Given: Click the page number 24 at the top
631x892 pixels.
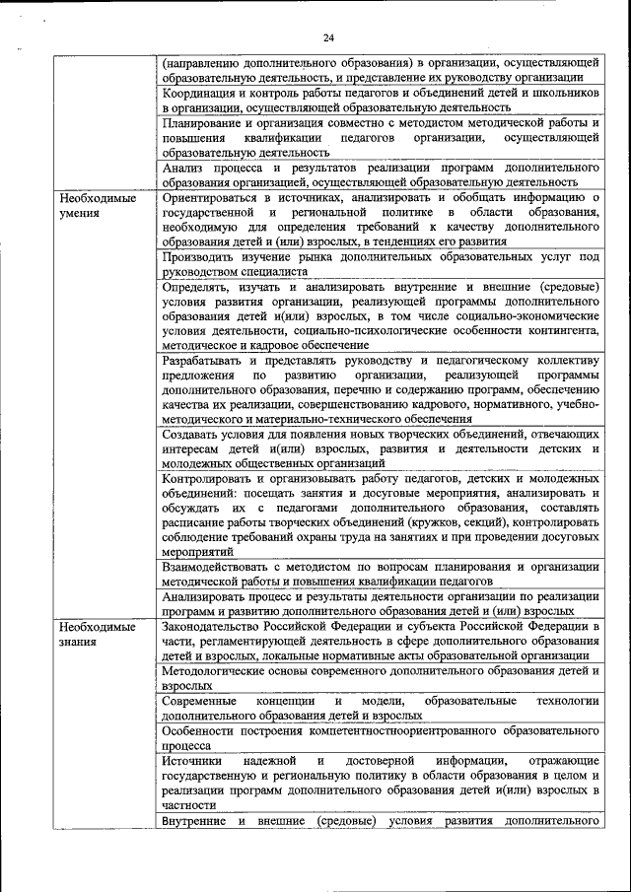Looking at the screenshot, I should (328, 37).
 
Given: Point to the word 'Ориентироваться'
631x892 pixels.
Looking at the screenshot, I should (212, 197).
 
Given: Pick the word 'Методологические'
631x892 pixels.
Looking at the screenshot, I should (217, 670).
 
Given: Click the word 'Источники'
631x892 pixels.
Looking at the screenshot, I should (192, 761).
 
